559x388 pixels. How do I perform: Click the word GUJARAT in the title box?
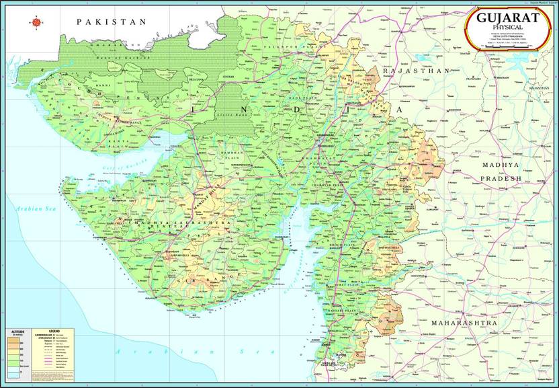[x=507, y=17]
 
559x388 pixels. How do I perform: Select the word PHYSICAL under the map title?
[x=508, y=27]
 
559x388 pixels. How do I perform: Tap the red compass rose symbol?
[x=36, y=22]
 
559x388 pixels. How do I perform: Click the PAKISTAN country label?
[x=112, y=22]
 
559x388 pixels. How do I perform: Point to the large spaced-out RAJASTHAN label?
[x=416, y=70]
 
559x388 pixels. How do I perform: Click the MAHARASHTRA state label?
[x=464, y=323]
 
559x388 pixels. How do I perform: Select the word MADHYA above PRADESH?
[x=501, y=165]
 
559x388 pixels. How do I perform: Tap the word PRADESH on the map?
[x=501, y=179]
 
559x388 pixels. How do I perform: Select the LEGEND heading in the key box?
[x=51, y=332]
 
